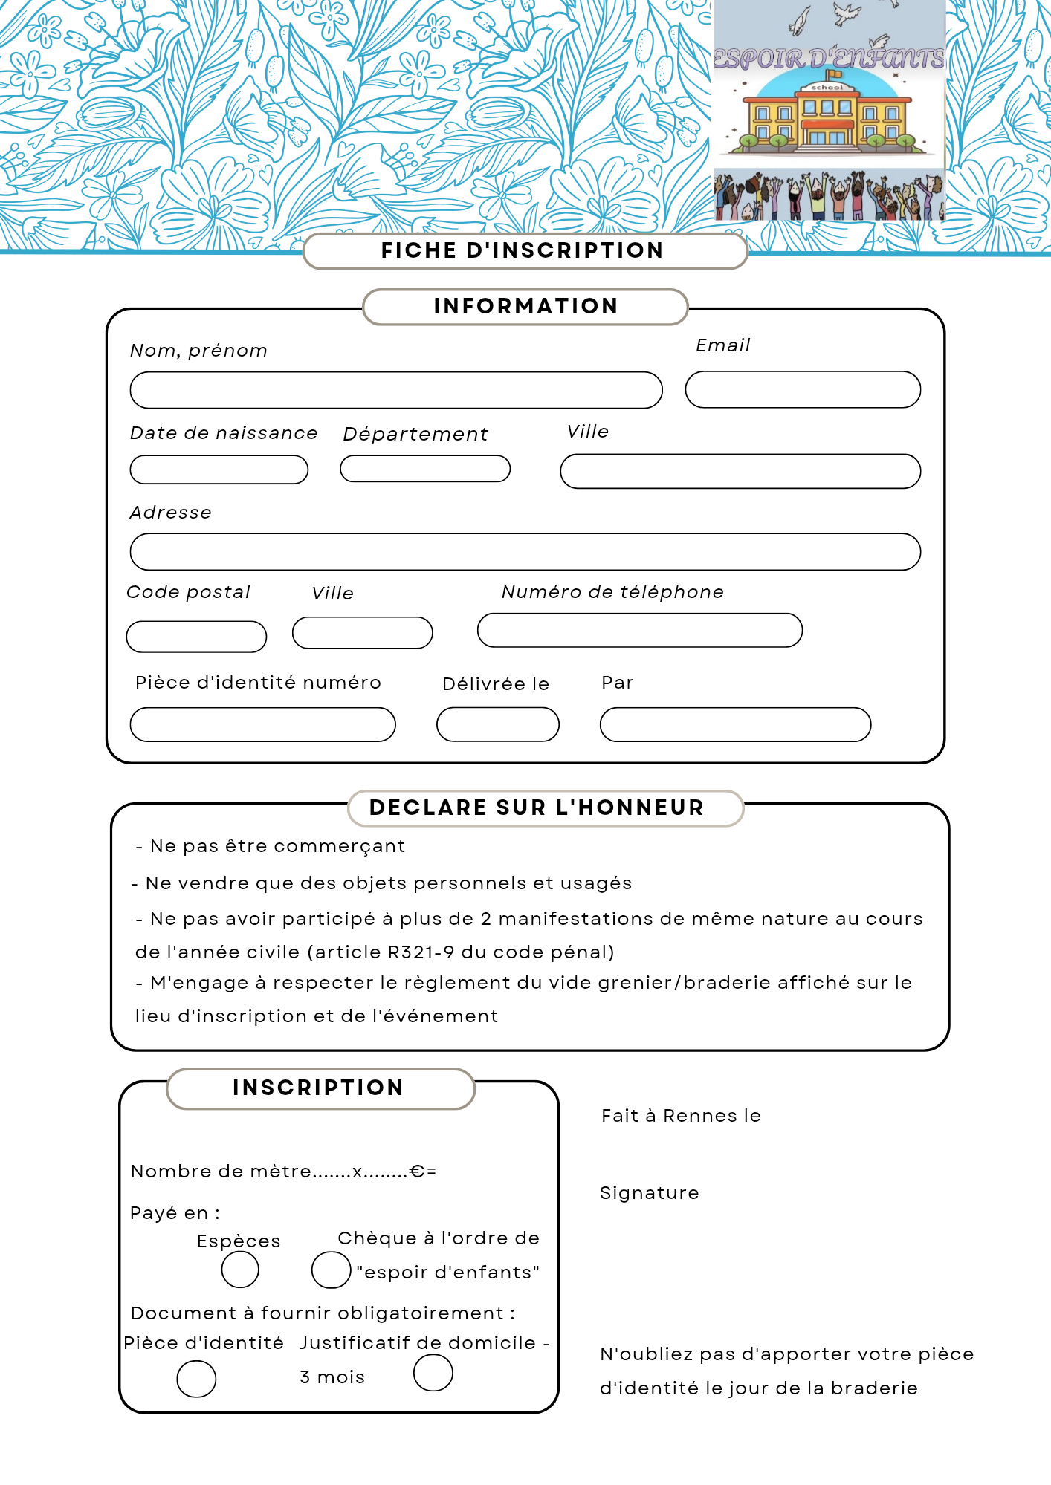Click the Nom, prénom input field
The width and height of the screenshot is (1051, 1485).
(x=396, y=390)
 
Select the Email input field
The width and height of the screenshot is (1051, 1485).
(x=803, y=389)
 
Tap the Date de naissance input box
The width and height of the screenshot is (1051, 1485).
(x=219, y=469)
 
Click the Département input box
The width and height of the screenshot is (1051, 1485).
(x=425, y=469)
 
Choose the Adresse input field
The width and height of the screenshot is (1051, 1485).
(x=525, y=551)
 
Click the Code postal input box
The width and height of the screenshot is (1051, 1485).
(x=196, y=637)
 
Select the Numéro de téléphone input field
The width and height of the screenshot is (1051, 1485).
(x=639, y=630)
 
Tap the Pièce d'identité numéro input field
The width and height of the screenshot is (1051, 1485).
(x=262, y=724)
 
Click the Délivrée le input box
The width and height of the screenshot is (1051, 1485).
(x=497, y=724)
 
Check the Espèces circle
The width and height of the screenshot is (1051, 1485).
(x=240, y=1269)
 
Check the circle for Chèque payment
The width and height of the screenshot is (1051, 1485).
(x=331, y=1269)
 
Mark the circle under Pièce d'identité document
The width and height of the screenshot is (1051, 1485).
(x=196, y=1379)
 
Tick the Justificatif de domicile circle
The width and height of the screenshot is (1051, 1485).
(x=433, y=1372)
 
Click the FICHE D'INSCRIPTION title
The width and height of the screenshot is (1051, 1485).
(x=523, y=250)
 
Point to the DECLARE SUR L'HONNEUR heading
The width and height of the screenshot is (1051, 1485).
(x=537, y=808)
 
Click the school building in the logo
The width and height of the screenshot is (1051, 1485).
(x=828, y=119)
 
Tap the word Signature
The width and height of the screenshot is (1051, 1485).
(x=650, y=1193)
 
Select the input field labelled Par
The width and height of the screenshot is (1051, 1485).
(x=735, y=724)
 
